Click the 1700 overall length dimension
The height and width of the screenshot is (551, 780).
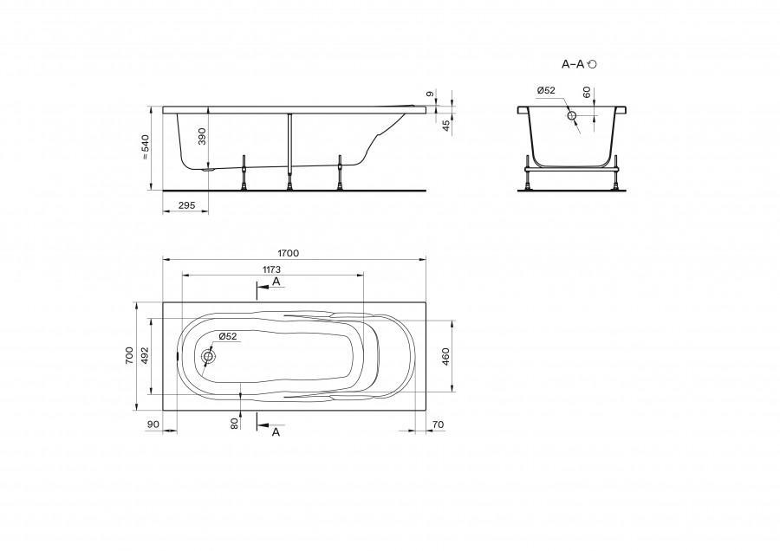(288, 253)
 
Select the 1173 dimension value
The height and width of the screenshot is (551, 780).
(271, 269)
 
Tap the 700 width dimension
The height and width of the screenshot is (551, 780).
(129, 356)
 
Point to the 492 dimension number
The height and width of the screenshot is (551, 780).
(145, 356)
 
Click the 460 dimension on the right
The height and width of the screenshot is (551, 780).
(445, 357)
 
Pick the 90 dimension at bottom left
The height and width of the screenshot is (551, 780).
(153, 425)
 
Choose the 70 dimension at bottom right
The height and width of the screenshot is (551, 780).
(438, 425)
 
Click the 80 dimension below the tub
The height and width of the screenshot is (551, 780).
(235, 423)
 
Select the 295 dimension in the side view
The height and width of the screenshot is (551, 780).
(186, 204)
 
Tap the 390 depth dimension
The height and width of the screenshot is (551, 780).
(202, 136)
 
